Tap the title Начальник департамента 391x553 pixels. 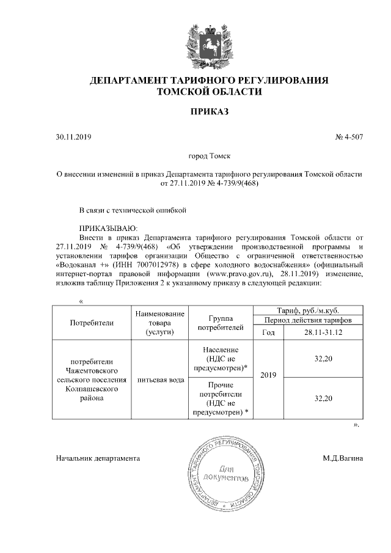[x=98, y=457]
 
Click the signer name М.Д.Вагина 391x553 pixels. [x=343, y=457]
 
